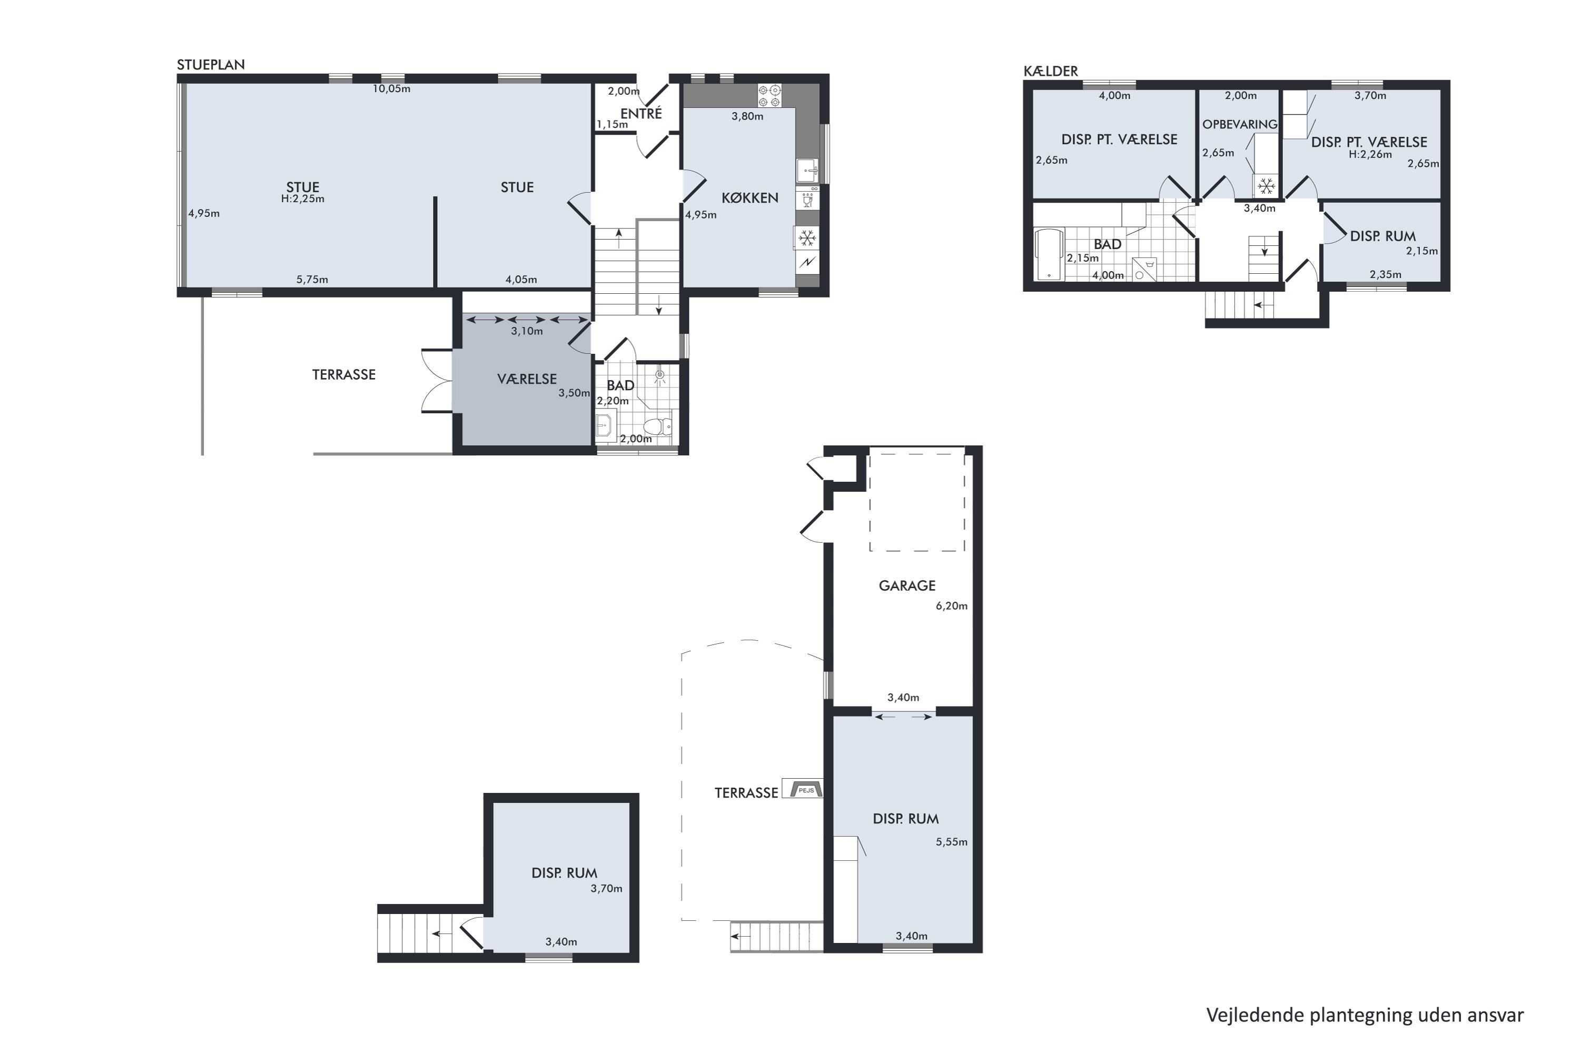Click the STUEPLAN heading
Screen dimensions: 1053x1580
coord(210,64)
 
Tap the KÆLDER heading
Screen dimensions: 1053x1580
coord(1050,71)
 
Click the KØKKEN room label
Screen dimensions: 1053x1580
coord(749,198)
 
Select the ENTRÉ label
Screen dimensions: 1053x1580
coord(641,114)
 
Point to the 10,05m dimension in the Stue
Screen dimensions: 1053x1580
coord(392,88)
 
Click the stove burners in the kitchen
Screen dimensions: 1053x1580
coord(769,95)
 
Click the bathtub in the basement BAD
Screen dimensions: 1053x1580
coord(1049,254)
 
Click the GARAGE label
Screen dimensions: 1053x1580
coord(907,585)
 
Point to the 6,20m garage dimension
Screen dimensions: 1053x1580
coord(951,606)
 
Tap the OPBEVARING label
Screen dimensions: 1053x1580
coord(1239,124)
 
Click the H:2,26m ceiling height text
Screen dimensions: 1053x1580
coord(1370,154)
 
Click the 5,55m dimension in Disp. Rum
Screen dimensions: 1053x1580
coord(951,842)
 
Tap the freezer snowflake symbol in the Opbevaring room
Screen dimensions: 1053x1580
coord(1266,185)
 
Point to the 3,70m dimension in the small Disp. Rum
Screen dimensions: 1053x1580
coord(606,889)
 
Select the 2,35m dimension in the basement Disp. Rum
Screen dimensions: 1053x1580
coord(1385,274)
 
